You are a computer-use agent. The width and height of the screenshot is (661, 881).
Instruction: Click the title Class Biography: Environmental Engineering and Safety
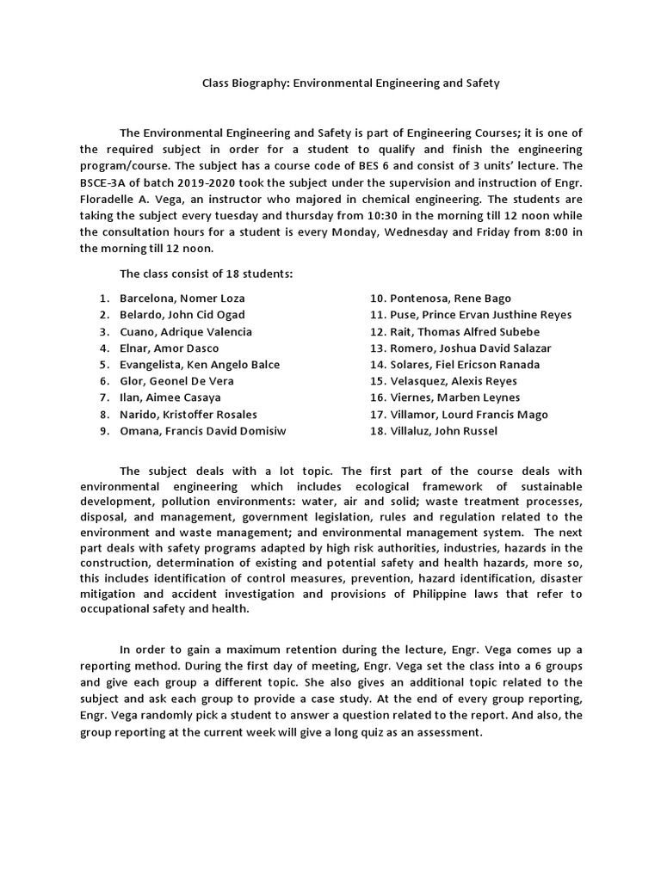tap(350, 83)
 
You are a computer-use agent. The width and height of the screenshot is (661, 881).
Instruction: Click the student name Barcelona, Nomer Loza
tap(182, 298)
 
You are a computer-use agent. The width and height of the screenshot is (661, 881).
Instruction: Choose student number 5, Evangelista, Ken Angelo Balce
tap(200, 364)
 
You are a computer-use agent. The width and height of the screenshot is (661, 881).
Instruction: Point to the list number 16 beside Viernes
tap(378, 397)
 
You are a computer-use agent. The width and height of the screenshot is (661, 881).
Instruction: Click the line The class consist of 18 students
tap(206, 274)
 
